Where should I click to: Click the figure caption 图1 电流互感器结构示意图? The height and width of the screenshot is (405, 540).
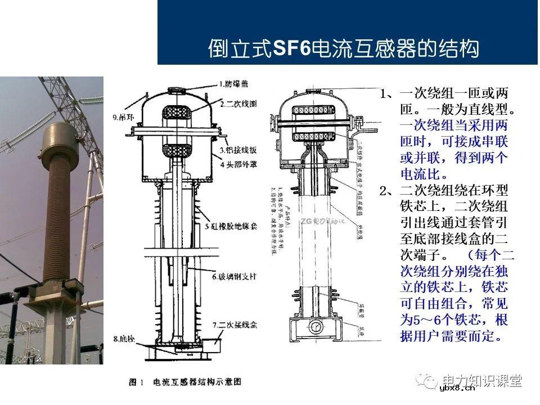point(185,382)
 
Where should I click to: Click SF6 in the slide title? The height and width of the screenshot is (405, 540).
point(291,48)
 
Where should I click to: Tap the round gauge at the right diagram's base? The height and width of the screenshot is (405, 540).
point(316,326)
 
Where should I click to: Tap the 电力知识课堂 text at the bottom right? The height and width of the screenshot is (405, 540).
point(483,381)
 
